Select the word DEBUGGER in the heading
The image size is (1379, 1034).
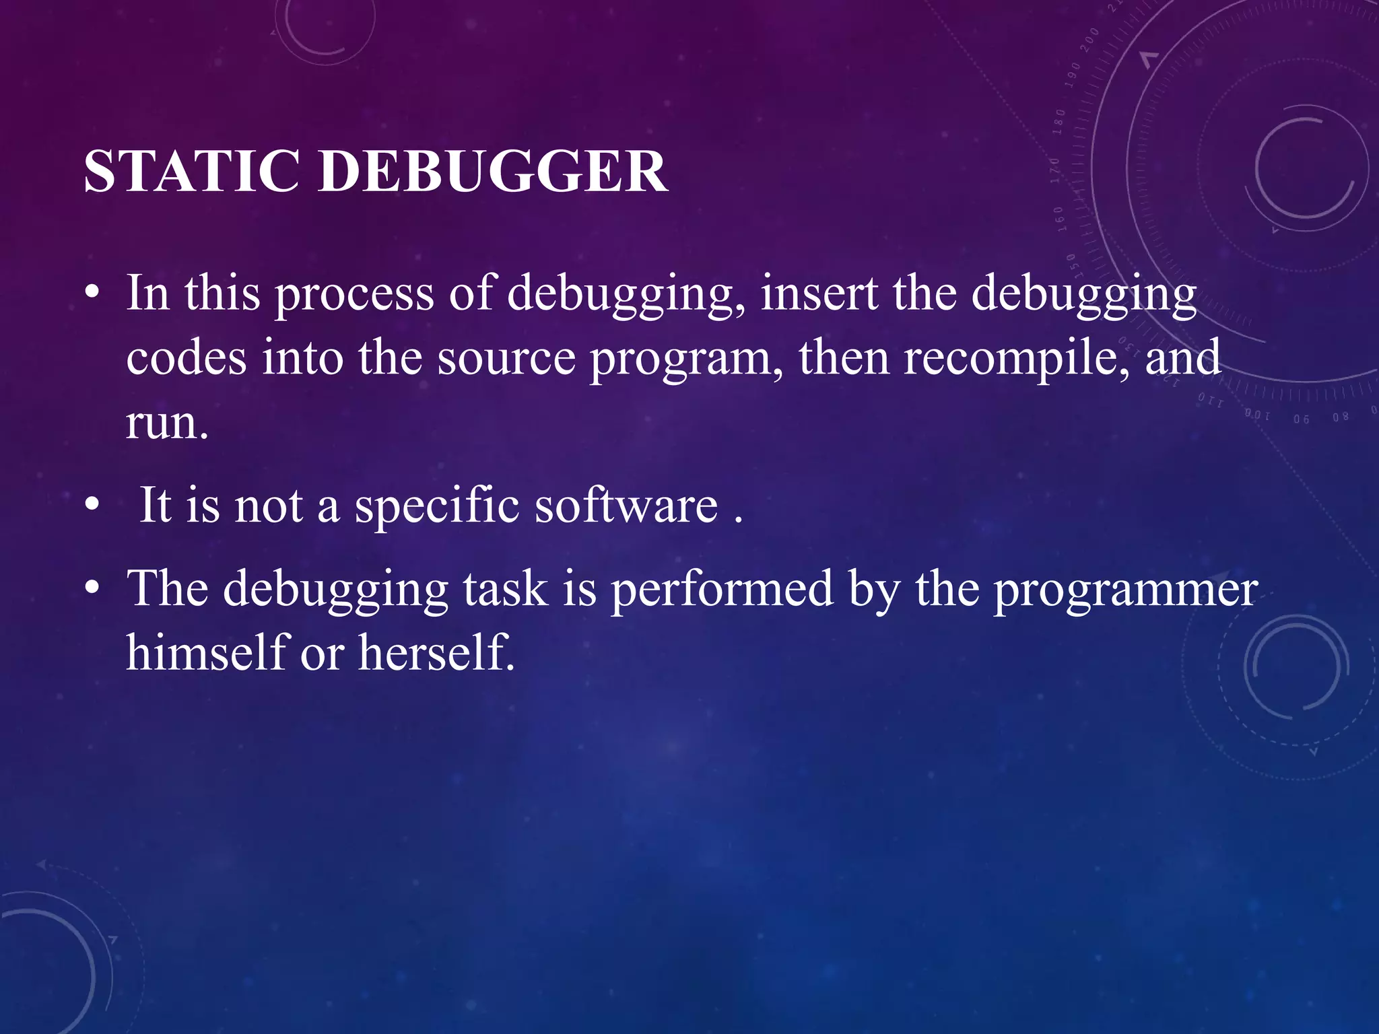493,171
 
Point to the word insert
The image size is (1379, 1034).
819,294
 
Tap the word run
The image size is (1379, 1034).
167,424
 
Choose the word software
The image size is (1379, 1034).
626,506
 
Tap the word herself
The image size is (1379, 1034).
436,652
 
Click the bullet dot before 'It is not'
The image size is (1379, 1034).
92,504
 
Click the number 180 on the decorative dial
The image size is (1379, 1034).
1060,120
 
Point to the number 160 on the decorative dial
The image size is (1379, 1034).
1058,219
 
